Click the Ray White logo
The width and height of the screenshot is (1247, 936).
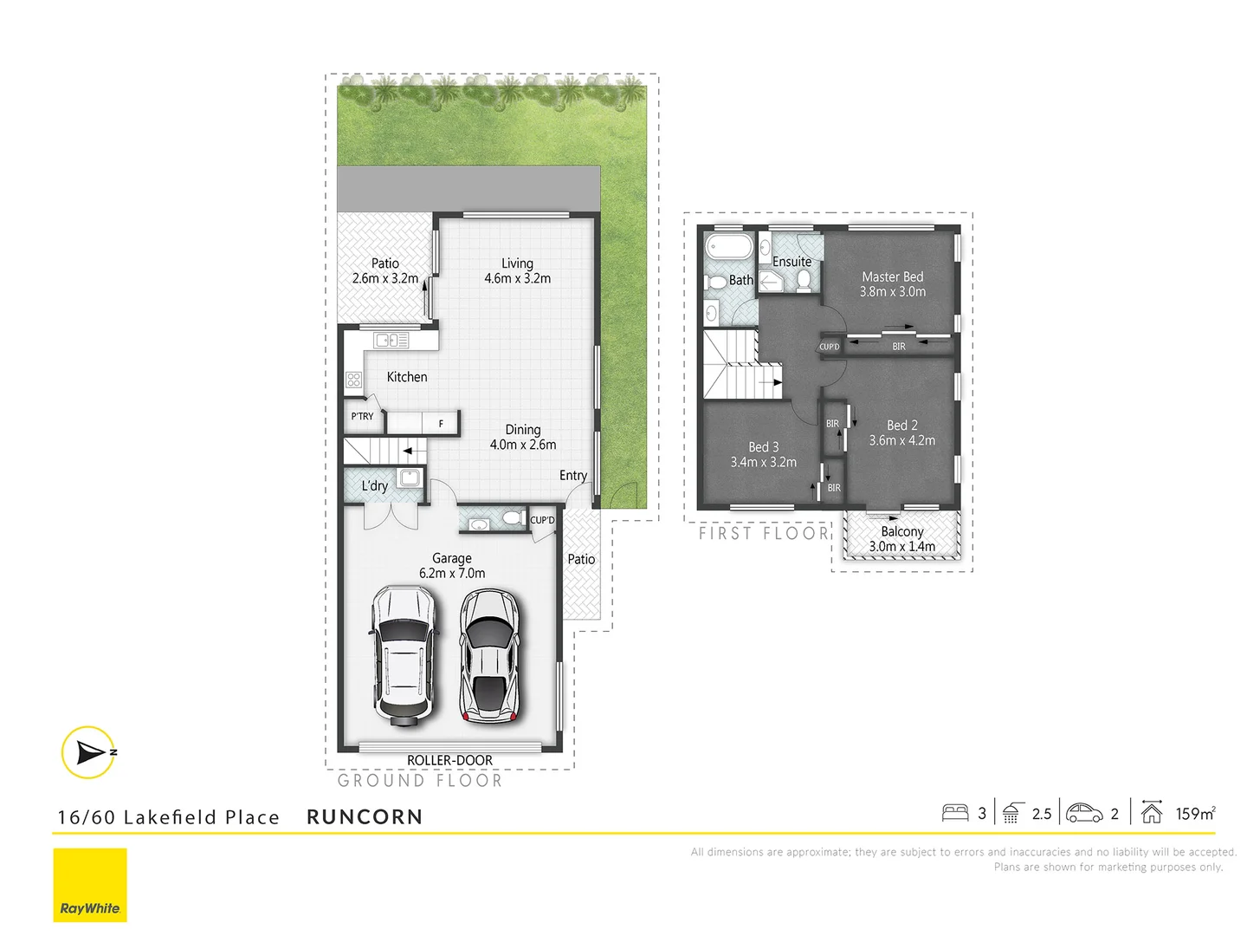(90, 885)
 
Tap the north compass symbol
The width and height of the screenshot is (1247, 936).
(88, 752)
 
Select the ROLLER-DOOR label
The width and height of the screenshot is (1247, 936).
(449, 760)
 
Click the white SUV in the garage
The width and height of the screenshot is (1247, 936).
(404, 655)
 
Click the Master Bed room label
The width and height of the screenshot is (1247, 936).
(893, 284)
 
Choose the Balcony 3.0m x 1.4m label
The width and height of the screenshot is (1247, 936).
(902, 539)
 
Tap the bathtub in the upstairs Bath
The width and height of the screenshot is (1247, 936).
(728, 246)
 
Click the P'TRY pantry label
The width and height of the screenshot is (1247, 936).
(362, 417)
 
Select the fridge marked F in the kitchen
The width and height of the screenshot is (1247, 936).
(441, 424)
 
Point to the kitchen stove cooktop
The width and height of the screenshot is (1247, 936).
(353, 379)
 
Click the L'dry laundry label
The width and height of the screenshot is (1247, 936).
(375, 486)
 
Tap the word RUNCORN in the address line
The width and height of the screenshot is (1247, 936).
(365, 817)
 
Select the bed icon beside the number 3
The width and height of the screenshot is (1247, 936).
(955, 813)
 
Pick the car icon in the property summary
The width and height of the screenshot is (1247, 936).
(1084, 813)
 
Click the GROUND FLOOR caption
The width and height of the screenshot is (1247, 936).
(420, 781)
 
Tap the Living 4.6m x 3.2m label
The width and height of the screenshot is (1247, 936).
(517, 270)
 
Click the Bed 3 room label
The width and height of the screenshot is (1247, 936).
(763, 454)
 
